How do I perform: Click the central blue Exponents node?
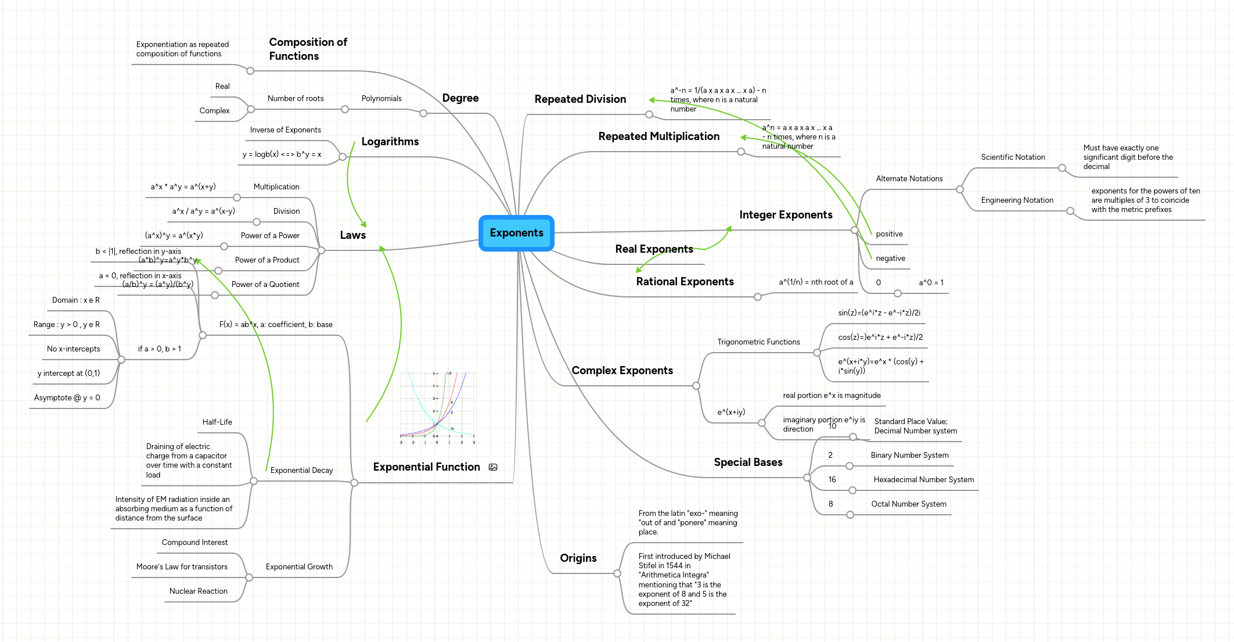coord(516,233)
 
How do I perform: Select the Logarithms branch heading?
coord(390,142)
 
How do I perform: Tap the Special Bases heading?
coord(748,462)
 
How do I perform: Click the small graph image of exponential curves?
coord(437,408)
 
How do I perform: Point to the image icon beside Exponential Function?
coord(493,467)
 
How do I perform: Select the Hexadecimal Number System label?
coord(923,480)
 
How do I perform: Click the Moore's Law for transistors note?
coord(182,567)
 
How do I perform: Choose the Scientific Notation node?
coord(1013,157)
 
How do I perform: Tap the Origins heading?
coord(578,558)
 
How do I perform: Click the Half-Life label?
coord(217,422)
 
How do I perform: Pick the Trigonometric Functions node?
coord(758,342)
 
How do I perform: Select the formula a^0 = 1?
coord(931,283)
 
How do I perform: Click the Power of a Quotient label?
coord(265,285)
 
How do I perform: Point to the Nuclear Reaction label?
coord(198,591)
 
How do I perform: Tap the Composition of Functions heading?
coord(308,49)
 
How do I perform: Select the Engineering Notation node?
coord(1017,200)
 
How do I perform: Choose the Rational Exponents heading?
coord(685,282)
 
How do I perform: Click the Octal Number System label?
coord(908,504)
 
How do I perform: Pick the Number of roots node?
coord(296,99)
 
